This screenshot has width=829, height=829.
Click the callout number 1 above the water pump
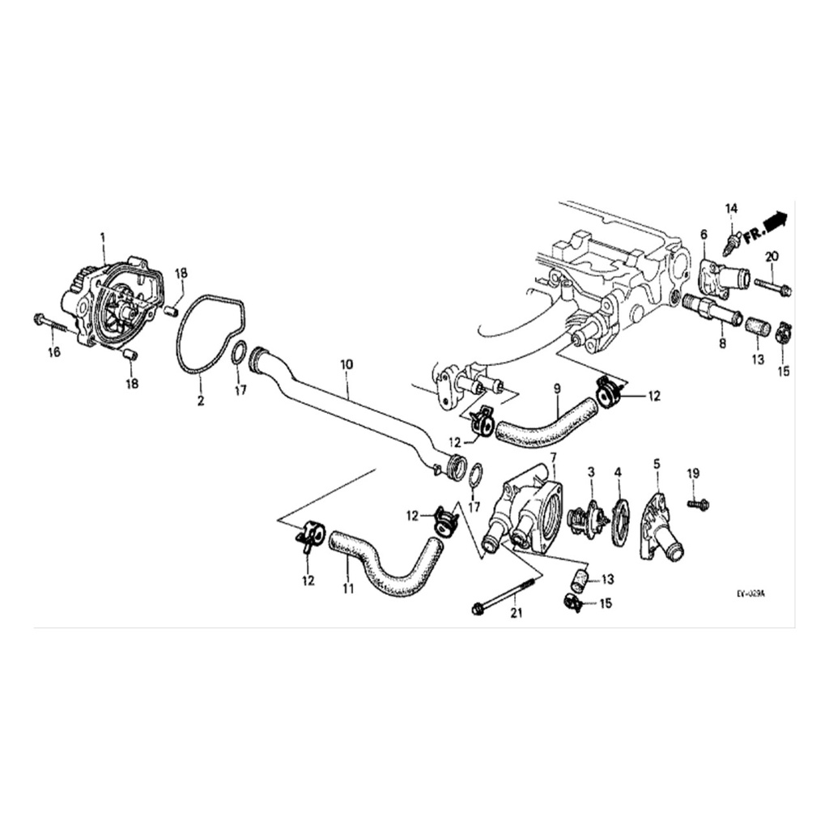[103, 236]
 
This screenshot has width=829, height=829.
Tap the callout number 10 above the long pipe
[346, 365]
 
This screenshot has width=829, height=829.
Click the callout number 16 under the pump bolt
[54, 351]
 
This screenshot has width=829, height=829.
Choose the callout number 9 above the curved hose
[557, 388]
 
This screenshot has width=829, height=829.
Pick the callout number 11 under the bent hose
[347, 589]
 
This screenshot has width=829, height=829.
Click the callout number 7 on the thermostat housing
[553, 458]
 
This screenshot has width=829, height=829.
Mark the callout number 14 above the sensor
[731, 209]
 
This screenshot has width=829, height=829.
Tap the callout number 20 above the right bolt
[772, 257]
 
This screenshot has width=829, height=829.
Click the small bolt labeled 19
[698, 504]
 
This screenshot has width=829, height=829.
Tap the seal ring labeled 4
[621, 521]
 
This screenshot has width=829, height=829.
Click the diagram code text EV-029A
[750, 593]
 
